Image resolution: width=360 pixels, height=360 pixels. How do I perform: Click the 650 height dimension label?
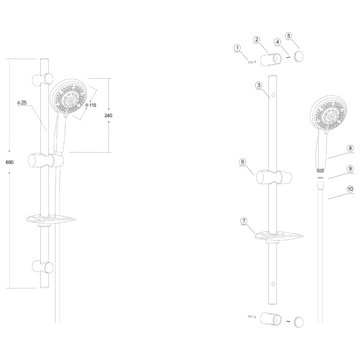(10, 163)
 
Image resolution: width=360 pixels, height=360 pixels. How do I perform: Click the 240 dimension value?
(109, 116)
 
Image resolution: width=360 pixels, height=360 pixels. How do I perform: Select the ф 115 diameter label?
(91, 105)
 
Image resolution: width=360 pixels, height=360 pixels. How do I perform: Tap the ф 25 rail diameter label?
(22, 103)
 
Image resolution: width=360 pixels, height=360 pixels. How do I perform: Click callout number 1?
(237, 48)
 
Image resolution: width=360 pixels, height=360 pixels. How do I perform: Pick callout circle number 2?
(257, 40)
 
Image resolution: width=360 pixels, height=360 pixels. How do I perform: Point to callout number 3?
(259, 85)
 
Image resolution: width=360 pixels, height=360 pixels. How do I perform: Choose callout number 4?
(278, 42)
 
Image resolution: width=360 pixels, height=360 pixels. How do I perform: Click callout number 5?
(289, 36)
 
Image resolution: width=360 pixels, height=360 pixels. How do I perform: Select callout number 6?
(243, 162)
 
